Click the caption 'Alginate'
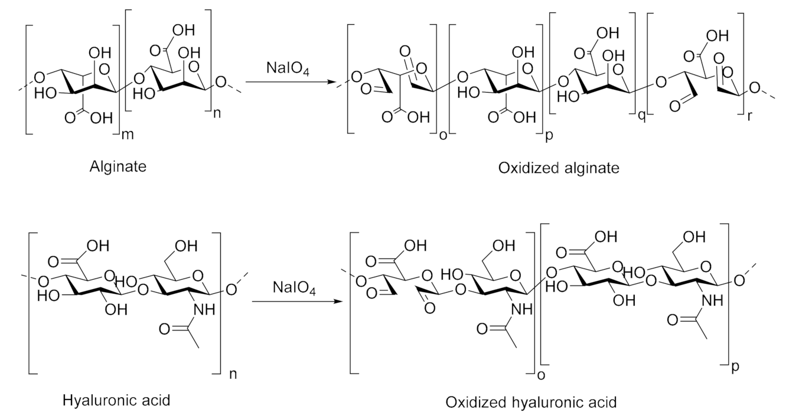[118, 167]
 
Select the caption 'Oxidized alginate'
[559, 169]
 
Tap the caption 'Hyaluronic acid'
[116, 401]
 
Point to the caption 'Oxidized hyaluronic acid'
[531, 403]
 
